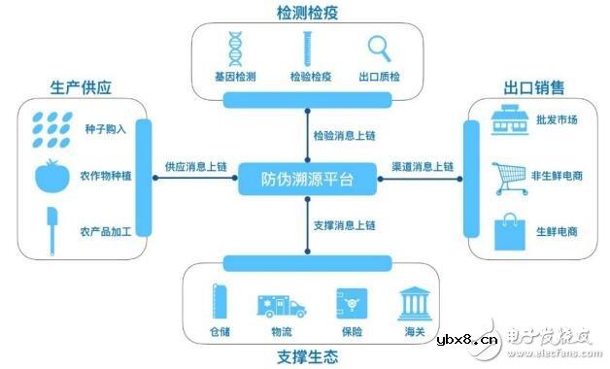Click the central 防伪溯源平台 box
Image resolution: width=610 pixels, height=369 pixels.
(306, 180)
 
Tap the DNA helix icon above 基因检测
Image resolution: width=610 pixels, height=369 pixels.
(234, 48)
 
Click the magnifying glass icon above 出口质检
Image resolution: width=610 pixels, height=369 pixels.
(378, 48)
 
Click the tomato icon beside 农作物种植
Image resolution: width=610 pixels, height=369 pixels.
(51, 176)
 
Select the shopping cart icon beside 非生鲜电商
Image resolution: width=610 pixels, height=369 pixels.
(509, 177)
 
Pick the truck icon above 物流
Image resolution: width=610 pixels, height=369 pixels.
(281, 306)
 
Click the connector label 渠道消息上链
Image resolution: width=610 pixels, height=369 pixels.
(421, 167)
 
